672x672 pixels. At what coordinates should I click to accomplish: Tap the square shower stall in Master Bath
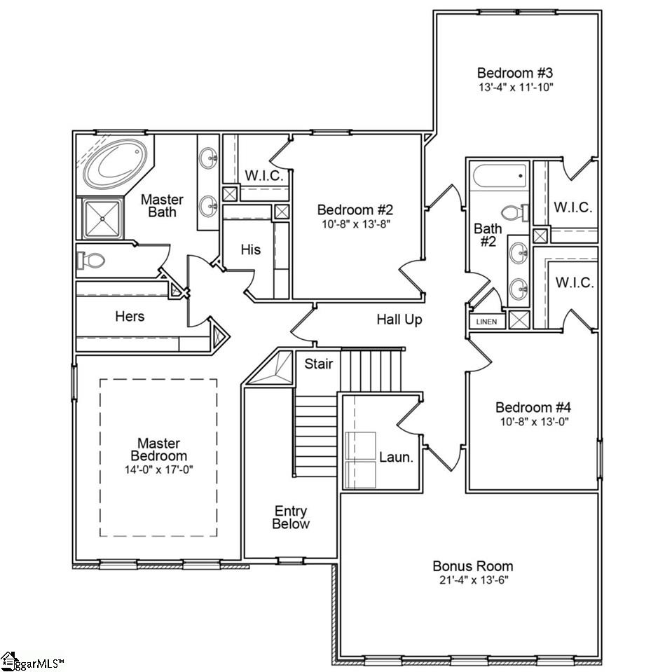click(102, 219)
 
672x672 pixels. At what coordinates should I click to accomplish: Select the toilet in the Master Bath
click(91, 261)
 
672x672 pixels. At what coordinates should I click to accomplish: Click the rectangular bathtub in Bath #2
click(500, 175)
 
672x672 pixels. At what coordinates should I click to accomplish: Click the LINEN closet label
click(486, 322)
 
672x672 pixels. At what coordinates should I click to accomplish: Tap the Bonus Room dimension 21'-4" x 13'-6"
click(472, 581)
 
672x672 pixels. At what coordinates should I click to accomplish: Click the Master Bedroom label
click(158, 449)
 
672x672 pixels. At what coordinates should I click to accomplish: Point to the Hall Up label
click(399, 320)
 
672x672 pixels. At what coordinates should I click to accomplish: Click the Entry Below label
click(291, 517)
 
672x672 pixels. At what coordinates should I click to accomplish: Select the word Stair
click(318, 364)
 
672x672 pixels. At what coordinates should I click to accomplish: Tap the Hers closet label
click(130, 316)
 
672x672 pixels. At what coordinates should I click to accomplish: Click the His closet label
click(251, 249)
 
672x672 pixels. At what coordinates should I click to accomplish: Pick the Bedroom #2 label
click(355, 210)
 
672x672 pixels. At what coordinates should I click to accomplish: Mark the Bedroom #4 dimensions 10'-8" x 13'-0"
click(534, 422)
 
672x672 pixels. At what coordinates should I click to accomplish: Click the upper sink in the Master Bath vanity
click(208, 159)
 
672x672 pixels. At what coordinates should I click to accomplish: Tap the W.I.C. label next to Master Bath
click(263, 175)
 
